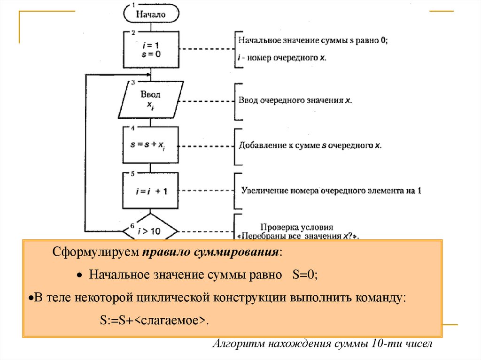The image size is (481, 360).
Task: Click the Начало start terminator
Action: [x=151, y=14]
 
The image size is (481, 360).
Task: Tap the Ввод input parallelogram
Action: [x=150, y=100]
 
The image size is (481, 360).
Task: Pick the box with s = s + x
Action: [x=151, y=145]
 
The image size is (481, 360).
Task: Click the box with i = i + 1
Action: [x=151, y=191]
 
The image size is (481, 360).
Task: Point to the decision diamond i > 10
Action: [x=151, y=230]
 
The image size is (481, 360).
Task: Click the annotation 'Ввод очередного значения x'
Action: [x=295, y=100]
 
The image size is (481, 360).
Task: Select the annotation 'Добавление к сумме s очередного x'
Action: [x=310, y=146]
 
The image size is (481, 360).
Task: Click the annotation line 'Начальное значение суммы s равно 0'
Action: [x=313, y=41]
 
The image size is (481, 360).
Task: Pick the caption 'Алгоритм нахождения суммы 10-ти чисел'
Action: [x=321, y=344]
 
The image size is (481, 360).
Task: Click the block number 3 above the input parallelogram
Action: [x=133, y=83]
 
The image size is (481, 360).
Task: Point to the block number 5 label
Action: [x=133, y=173]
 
